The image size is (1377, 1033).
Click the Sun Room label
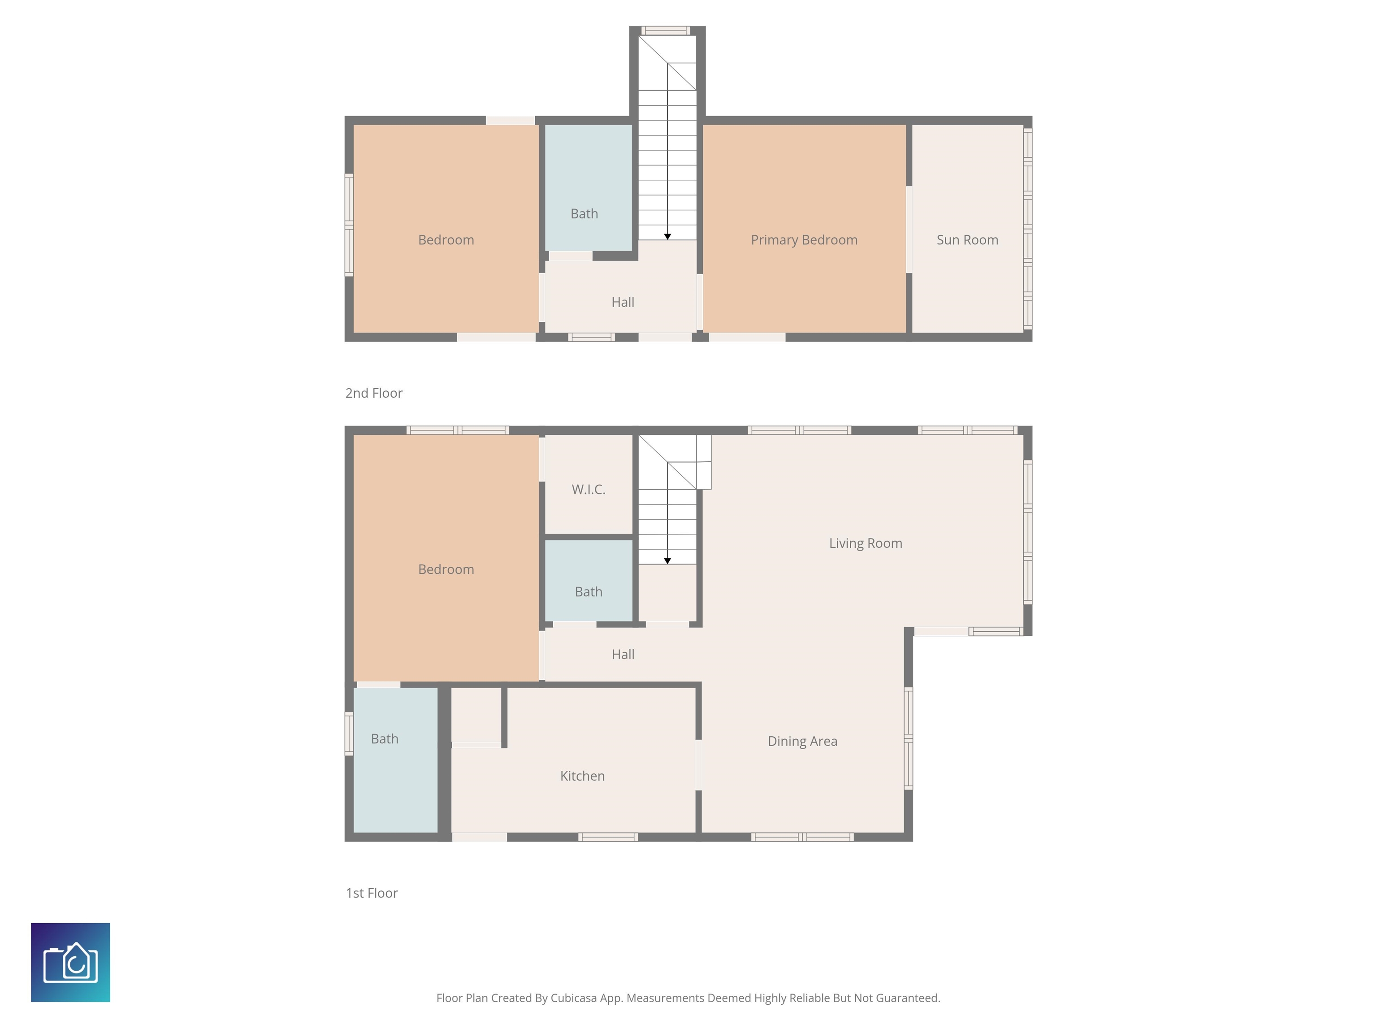pyautogui.click(x=967, y=240)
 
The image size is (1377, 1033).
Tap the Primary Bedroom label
pyautogui.click(x=804, y=240)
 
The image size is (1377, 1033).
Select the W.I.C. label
pyautogui.click(x=588, y=490)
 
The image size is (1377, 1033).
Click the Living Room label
pyautogui.click(x=865, y=543)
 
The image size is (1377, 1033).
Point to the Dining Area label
pyautogui.click(x=802, y=742)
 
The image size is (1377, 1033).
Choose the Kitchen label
pyautogui.click(x=582, y=776)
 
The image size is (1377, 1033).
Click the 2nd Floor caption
pyautogui.click(x=373, y=393)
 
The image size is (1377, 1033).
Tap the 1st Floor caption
pyautogui.click(x=372, y=893)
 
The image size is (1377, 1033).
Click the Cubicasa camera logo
pyautogui.click(x=70, y=962)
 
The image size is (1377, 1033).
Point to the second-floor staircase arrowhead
pyautogui.click(x=667, y=237)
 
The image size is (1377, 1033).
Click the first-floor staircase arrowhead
pyautogui.click(x=667, y=561)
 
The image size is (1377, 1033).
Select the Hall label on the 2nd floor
pyautogui.click(x=623, y=302)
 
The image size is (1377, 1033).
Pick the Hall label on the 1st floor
pyautogui.click(x=623, y=655)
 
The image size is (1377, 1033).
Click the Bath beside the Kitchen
pyautogui.click(x=395, y=760)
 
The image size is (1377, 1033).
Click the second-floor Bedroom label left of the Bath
pyautogui.click(x=446, y=240)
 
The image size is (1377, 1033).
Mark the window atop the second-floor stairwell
pyautogui.click(x=666, y=30)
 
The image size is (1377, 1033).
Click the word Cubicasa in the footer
pyautogui.click(x=573, y=998)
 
